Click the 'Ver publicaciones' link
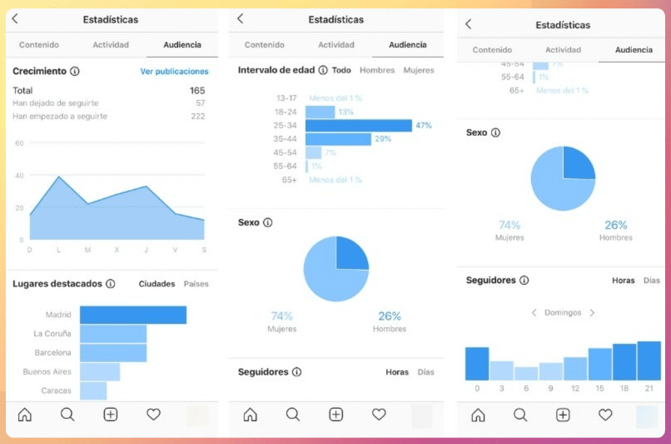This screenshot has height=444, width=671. (174, 72)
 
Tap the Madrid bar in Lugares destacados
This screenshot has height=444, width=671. (133, 315)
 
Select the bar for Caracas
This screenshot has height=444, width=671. (93, 391)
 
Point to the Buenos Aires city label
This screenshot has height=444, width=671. (47, 372)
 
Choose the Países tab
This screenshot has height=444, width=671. (196, 284)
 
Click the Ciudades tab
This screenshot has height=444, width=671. (157, 284)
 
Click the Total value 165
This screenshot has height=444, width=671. (197, 90)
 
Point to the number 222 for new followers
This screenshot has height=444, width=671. (198, 116)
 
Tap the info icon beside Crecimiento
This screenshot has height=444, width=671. (75, 72)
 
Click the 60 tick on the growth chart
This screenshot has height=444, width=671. (20, 143)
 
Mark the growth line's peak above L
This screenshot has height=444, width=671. (59, 176)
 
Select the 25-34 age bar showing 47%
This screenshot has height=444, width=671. (358, 125)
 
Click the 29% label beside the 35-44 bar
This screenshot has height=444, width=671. (383, 139)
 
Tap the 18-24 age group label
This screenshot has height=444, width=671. (286, 112)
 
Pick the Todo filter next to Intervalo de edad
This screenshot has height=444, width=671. (341, 70)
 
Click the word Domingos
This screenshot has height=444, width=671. (562, 313)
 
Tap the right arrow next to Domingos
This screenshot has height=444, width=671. (592, 313)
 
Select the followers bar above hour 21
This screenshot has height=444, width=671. (649, 361)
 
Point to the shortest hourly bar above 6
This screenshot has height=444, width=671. (526, 373)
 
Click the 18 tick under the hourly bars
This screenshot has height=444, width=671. (624, 389)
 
